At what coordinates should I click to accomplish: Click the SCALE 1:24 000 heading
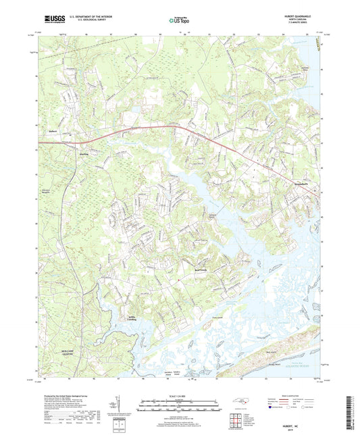(x=179, y=395)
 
